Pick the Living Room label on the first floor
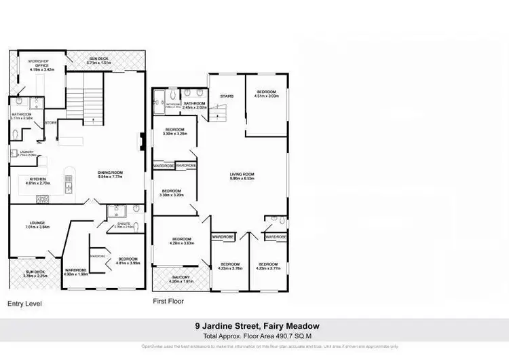tap(241, 176)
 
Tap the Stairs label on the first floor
tap(227, 96)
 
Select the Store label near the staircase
tap(50, 123)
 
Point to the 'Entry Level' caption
tap(24, 304)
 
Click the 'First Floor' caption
tap(168, 301)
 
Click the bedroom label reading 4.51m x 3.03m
tap(265, 94)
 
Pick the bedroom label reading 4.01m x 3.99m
tap(128, 261)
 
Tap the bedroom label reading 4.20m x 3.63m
tap(182, 240)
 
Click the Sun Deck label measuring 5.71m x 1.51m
tap(104, 60)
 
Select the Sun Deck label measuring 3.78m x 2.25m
tap(34, 274)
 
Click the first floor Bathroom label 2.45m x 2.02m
tap(194, 105)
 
